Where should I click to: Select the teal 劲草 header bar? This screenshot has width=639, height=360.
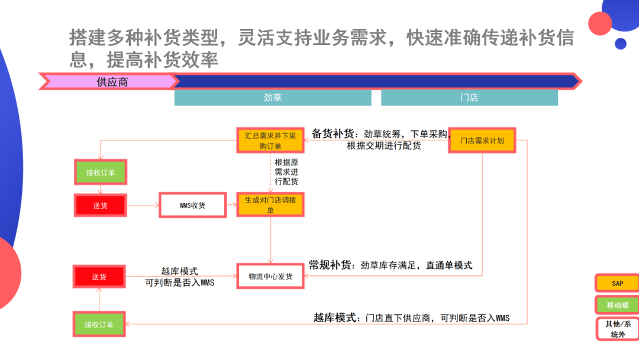[x=273, y=98]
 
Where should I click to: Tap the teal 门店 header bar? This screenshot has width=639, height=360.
[x=469, y=98]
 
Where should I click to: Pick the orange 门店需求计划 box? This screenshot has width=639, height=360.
[x=482, y=141]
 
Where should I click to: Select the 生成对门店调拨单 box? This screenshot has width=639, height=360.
[x=271, y=205]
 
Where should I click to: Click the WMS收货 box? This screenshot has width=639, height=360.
[x=192, y=205]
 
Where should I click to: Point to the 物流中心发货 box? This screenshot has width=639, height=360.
[x=270, y=277]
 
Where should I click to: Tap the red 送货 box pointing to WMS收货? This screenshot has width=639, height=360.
[x=100, y=205]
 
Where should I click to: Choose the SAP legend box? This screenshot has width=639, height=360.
[x=617, y=284]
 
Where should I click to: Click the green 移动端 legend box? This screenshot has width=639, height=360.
[x=617, y=306]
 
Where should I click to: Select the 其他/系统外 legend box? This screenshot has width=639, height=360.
[x=617, y=329]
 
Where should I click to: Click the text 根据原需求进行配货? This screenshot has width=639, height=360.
[x=286, y=172]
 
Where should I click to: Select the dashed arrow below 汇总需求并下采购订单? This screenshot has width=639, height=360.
[x=271, y=172]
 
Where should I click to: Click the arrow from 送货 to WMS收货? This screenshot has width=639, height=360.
[x=142, y=205]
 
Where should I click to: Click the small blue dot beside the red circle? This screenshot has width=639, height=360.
[x=620, y=43]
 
